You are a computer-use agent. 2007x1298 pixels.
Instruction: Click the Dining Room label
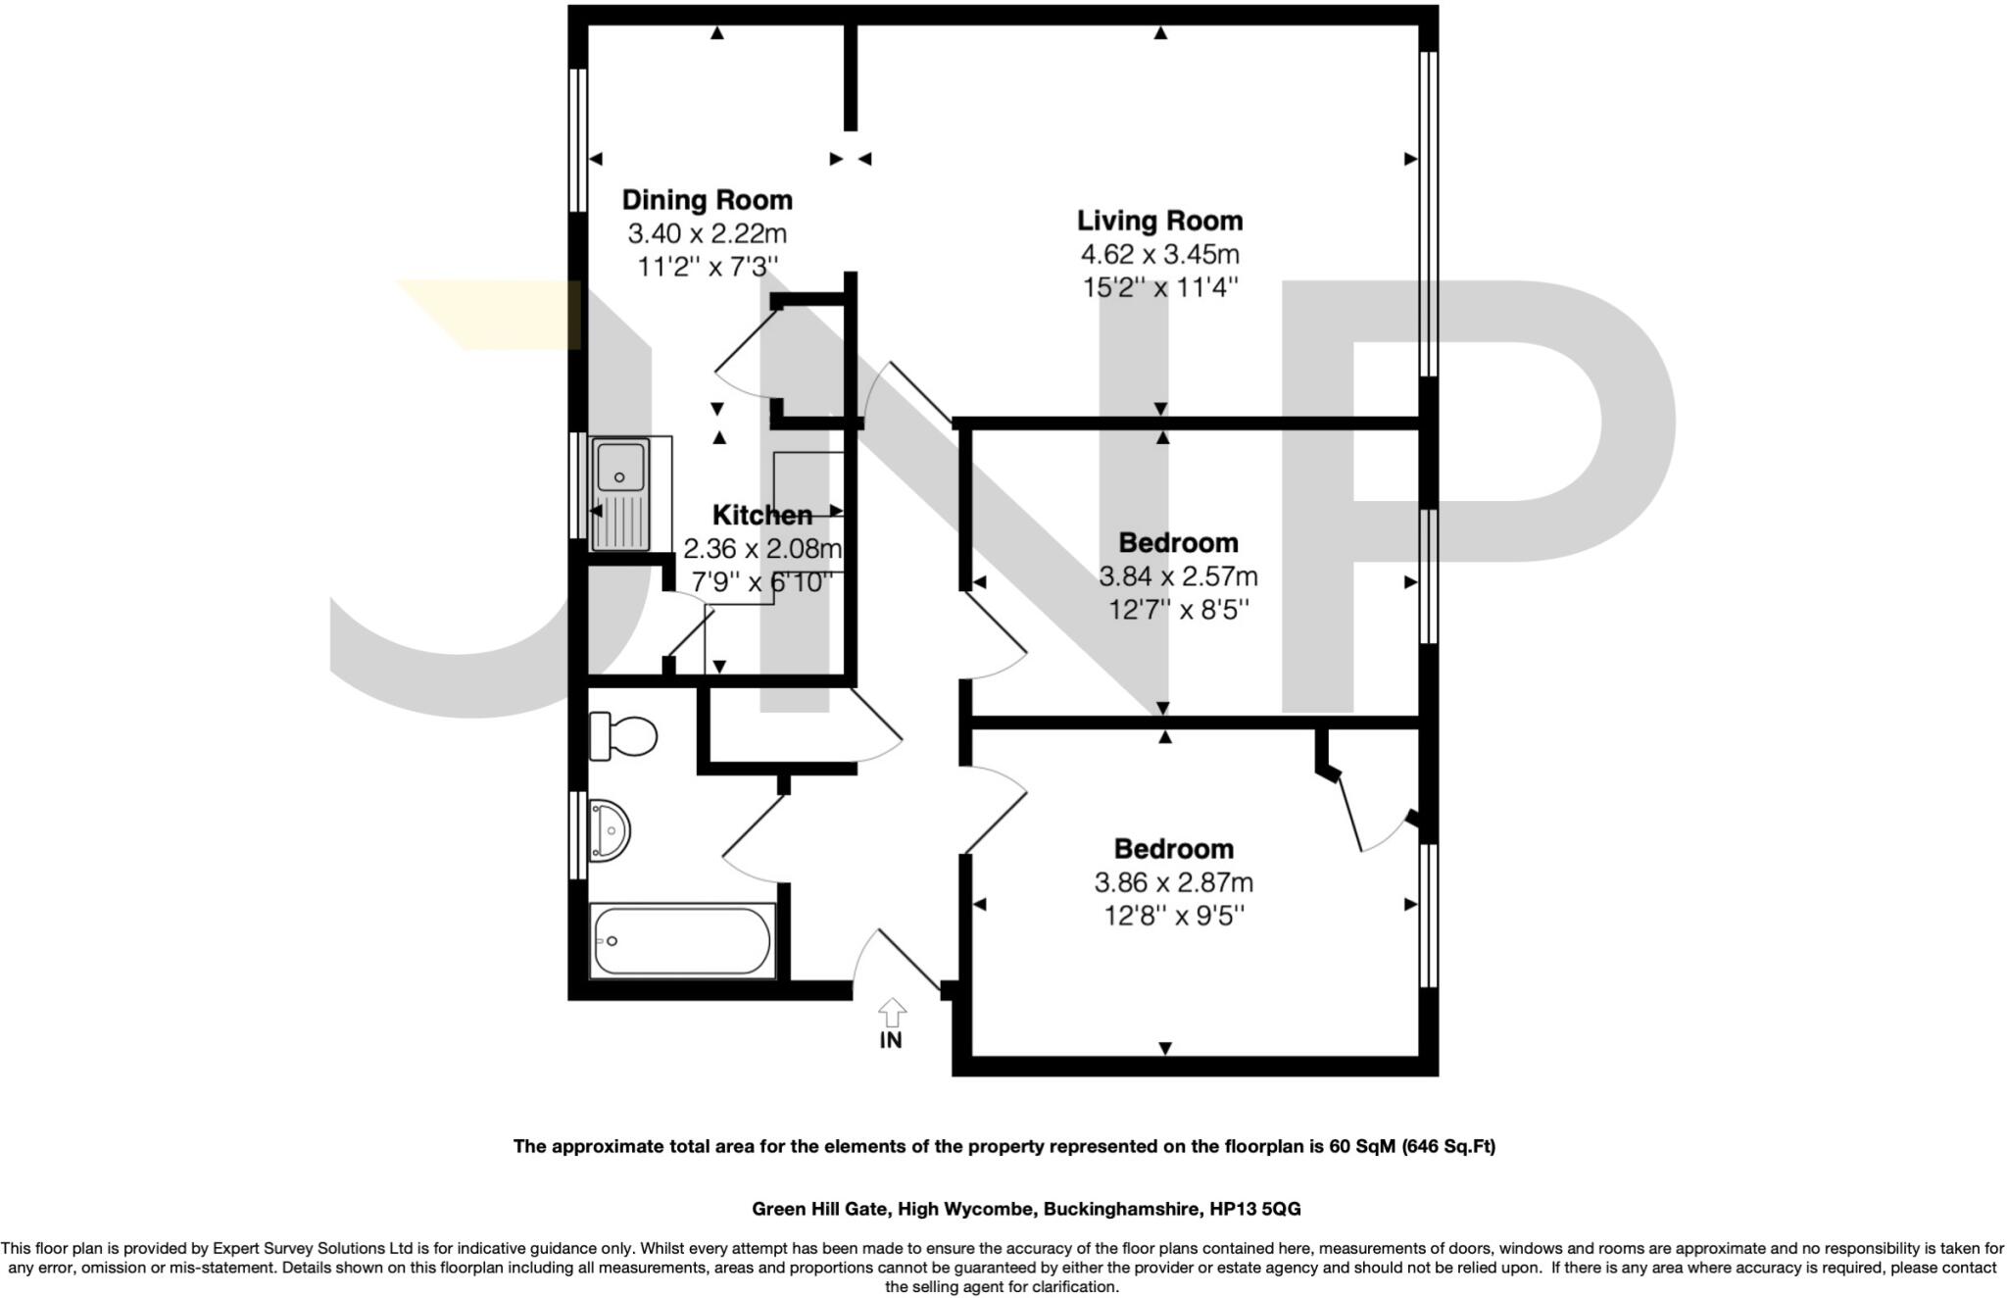[x=707, y=201]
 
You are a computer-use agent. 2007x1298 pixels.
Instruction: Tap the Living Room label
[x=1160, y=222]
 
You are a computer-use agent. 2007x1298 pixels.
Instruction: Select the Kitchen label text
[x=762, y=515]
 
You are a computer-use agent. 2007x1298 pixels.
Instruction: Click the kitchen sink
[x=621, y=494]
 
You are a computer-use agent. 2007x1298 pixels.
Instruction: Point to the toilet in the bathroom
[x=622, y=735]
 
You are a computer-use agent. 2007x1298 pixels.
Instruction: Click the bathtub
[x=682, y=941]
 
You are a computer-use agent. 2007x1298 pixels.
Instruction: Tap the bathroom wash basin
[x=609, y=831]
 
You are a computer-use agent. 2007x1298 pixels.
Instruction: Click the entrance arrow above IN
[x=892, y=1013]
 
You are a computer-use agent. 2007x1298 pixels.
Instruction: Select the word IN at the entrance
[x=891, y=1040]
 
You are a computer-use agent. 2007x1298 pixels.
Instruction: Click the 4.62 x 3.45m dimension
[x=1160, y=255]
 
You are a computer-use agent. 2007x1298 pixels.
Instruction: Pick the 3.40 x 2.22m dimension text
[x=707, y=234]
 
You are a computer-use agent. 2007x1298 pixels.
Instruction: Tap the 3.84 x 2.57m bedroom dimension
[x=1178, y=576]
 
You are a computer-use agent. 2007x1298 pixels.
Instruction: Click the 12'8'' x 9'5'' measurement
[x=1174, y=916]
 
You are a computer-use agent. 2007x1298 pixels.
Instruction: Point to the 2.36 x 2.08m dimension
[x=762, y=548]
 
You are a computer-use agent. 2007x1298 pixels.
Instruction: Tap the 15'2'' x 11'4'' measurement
[x=1160, y=288]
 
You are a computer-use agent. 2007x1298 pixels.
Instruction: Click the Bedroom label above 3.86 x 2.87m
[x=1174, y=849]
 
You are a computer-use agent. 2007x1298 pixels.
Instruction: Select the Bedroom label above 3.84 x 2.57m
[x=1178, y=543]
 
